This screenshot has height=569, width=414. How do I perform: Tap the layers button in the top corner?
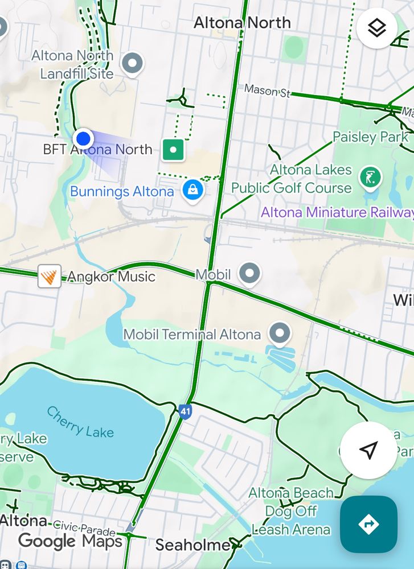point(377,28)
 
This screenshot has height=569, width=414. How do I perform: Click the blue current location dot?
point(84,138)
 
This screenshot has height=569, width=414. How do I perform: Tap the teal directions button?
point(368,523)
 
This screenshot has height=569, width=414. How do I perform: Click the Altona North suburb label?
point(242,23)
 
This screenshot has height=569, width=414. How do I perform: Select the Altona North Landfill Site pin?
point(133,64)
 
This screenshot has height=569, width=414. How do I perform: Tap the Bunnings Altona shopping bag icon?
point(193,190)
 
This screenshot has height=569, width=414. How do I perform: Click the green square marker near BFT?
point(173,150)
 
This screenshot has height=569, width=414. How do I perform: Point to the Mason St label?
point(267,90)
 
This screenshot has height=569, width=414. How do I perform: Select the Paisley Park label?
point(371,137)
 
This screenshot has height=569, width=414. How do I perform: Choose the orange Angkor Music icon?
point(49,277)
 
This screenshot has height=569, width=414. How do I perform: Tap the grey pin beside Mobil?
point(249,274)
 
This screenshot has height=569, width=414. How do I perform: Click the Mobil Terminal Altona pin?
point(279,333)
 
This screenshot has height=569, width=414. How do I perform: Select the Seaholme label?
point(192,545)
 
